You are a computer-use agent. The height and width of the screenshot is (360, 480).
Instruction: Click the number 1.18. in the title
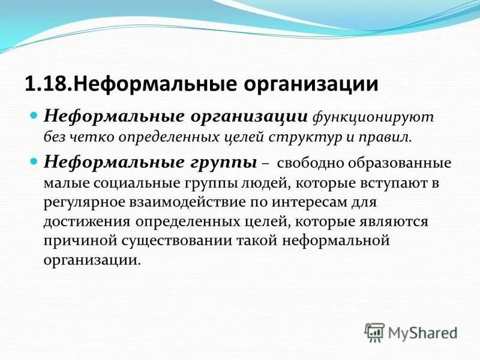coord(47,83)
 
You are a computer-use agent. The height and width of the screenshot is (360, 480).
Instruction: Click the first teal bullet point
coord(34,113)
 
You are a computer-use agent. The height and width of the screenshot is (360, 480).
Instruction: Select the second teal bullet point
coord(34,161)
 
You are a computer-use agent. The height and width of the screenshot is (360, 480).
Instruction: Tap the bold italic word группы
coord(216,163)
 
